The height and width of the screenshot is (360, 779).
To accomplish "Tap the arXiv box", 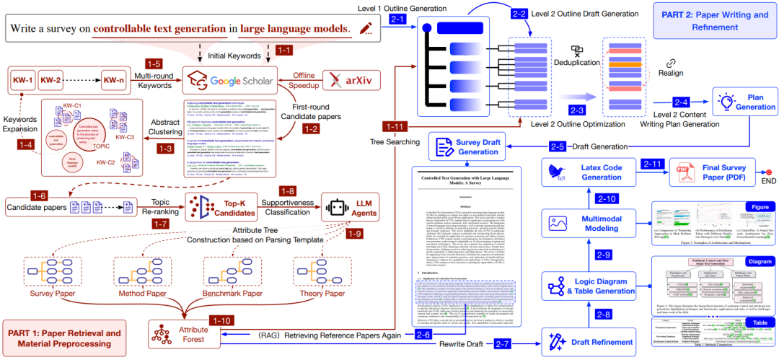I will [x=351, y=80].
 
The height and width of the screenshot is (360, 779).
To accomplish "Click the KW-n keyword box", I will [x=114, y=79].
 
